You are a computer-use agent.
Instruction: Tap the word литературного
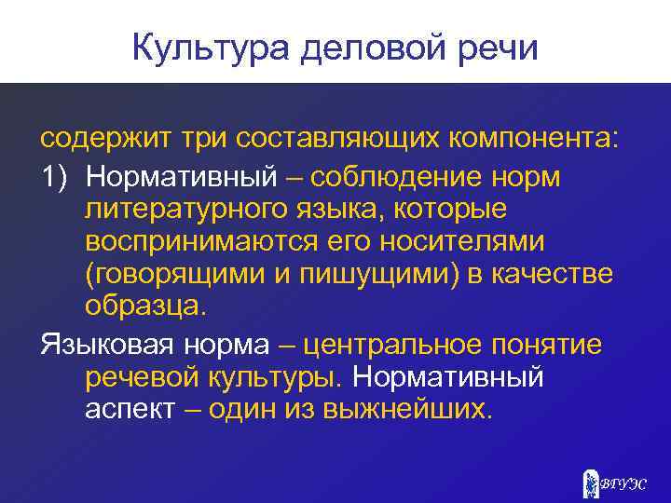click(184, 208)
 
